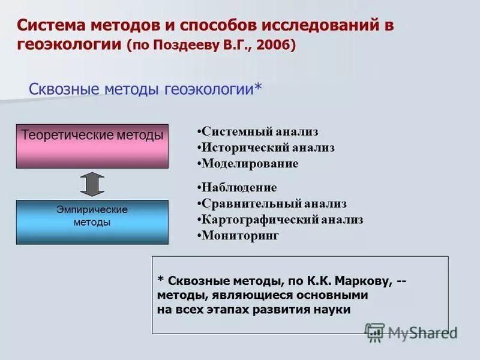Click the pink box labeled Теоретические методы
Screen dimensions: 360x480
[x=92, y=146]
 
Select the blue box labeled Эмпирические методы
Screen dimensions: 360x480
[x=92, y=222]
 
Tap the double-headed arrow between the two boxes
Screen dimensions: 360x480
[x=92, y=184]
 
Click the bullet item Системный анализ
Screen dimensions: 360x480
[x=259, y=131]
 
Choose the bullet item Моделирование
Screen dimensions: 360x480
[x=250, y=163]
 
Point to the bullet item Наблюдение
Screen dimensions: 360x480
[x=239, y=188]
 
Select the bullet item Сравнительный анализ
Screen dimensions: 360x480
[x=274, y=204]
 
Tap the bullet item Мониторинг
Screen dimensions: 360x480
[x=240, y=236]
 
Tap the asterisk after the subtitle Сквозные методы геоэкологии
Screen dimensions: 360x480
[x=258, y=88]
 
